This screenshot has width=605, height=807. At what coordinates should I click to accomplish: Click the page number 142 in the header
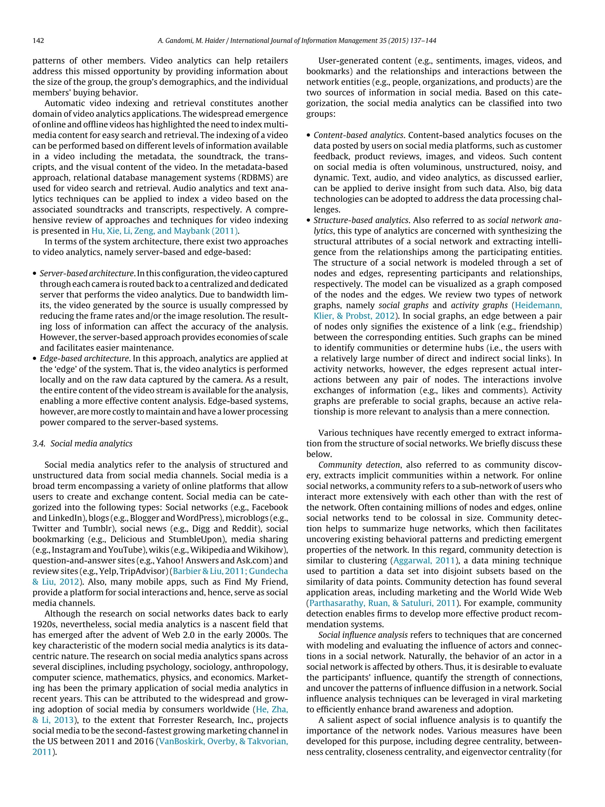[38, 40]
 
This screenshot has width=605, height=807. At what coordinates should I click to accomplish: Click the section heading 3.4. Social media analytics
[82, 443]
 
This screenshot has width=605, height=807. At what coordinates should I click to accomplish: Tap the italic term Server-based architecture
[87, 273]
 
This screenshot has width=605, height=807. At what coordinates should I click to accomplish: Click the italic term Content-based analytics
[359, 135]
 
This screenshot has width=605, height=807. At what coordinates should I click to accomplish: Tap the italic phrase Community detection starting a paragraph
[359, 465]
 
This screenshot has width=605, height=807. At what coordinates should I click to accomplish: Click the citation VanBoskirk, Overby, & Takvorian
[224, 741]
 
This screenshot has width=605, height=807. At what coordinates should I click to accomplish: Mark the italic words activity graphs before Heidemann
[479, 305]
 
